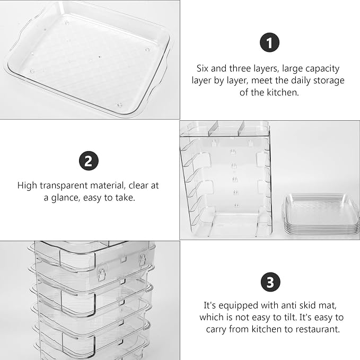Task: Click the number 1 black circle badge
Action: pyautogui.click(x=269, y=42)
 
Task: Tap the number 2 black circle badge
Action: pyautogui.click(x=89, y=161)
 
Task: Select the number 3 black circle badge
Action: pyautogui.click(x=270, y=282)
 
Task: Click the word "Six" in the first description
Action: pyautogui.click(x=203, y=68)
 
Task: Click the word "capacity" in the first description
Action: pyautogui.click(x=322, y=69)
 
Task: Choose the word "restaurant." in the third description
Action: pyautogui.click(x=319, y=329)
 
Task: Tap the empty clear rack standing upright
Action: pyautogui.click(x=226, y=180)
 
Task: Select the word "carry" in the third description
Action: pyautogui.click(x=216, y=330)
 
